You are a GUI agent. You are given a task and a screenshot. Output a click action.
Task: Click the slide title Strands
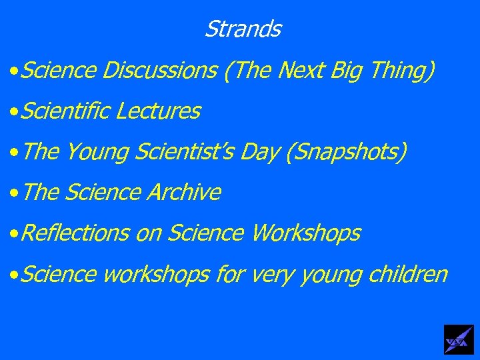click(x=243, y=29)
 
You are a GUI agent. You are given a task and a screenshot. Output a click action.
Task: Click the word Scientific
click(x=65, y=111)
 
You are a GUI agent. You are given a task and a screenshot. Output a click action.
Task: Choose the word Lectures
click(x=157, y=111)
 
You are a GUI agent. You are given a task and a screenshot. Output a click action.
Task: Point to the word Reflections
click(x=74, y=233)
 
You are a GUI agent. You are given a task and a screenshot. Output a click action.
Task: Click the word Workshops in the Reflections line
click(x=305, y=233)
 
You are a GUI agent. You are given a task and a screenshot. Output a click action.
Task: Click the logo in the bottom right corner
click(x=459, y=339)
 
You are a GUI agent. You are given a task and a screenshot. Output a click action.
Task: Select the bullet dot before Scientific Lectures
click(x=13, y=112)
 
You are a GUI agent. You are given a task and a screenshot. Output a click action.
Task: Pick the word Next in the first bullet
click(x=299, y=70)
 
